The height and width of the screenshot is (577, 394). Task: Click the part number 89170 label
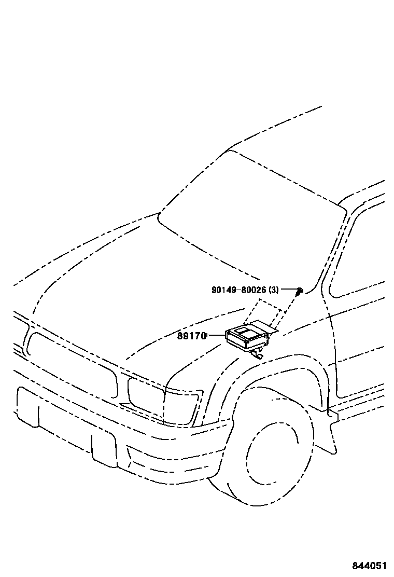point(192,336)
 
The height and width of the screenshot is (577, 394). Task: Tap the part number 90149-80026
point(238,290)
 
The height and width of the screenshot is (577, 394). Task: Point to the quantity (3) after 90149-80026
point(274,290)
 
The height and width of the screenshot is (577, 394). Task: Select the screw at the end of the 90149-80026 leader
point(300,291)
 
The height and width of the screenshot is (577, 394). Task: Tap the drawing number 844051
point(369,566)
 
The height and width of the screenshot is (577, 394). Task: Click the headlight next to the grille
point(161,400)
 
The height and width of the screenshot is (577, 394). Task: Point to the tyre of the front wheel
point(228,483)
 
